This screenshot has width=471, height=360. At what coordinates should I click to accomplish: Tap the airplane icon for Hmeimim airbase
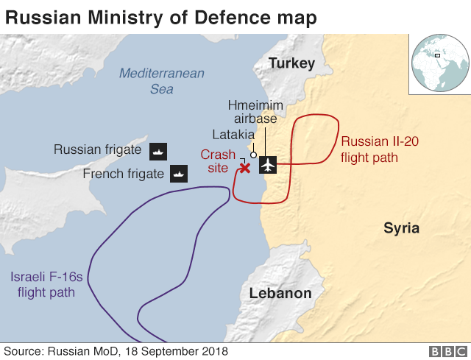click(268, 165)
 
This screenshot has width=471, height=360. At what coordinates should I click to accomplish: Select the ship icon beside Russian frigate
click(159, 151)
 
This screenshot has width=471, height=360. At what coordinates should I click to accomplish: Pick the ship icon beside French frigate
click(180, 174)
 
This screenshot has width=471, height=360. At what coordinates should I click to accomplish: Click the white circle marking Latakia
click(253, 155)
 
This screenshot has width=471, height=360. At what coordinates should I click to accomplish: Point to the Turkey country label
click(291, 63)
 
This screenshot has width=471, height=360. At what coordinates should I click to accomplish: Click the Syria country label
click(401, 228)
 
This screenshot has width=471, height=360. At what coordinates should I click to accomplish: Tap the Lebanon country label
click(280, 293)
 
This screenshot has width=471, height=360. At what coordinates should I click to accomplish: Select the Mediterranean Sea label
click(161, 81)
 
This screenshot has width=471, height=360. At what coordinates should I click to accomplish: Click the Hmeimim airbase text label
click(252, 111)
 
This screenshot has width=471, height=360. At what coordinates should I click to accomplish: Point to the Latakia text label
click(233, 135)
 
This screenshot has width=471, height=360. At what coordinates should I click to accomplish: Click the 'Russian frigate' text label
click(97, 150)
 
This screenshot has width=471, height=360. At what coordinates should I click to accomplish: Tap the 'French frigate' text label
click(123, 174)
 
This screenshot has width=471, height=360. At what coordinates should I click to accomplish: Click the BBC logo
click(445, 351)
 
